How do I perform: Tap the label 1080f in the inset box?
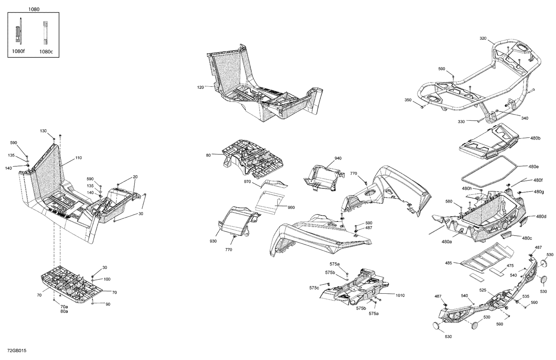[19, 51]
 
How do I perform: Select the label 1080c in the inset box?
[46, 52]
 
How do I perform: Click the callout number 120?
[201, 87]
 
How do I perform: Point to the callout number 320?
[483, 39]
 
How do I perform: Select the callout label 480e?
[534, 167]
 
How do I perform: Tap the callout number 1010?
[400, 295]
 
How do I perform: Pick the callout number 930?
[213, 241]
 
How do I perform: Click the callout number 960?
[291, 207]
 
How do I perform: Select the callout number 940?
[338, 158]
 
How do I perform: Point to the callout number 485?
[449, 263]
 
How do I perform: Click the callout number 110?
[78, 158]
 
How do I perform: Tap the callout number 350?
[408, 100]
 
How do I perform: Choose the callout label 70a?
[64, 307]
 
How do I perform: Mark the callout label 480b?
[535, 138]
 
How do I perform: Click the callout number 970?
[247, 181]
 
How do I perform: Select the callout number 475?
[510, 266]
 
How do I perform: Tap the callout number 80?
[208, 155]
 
